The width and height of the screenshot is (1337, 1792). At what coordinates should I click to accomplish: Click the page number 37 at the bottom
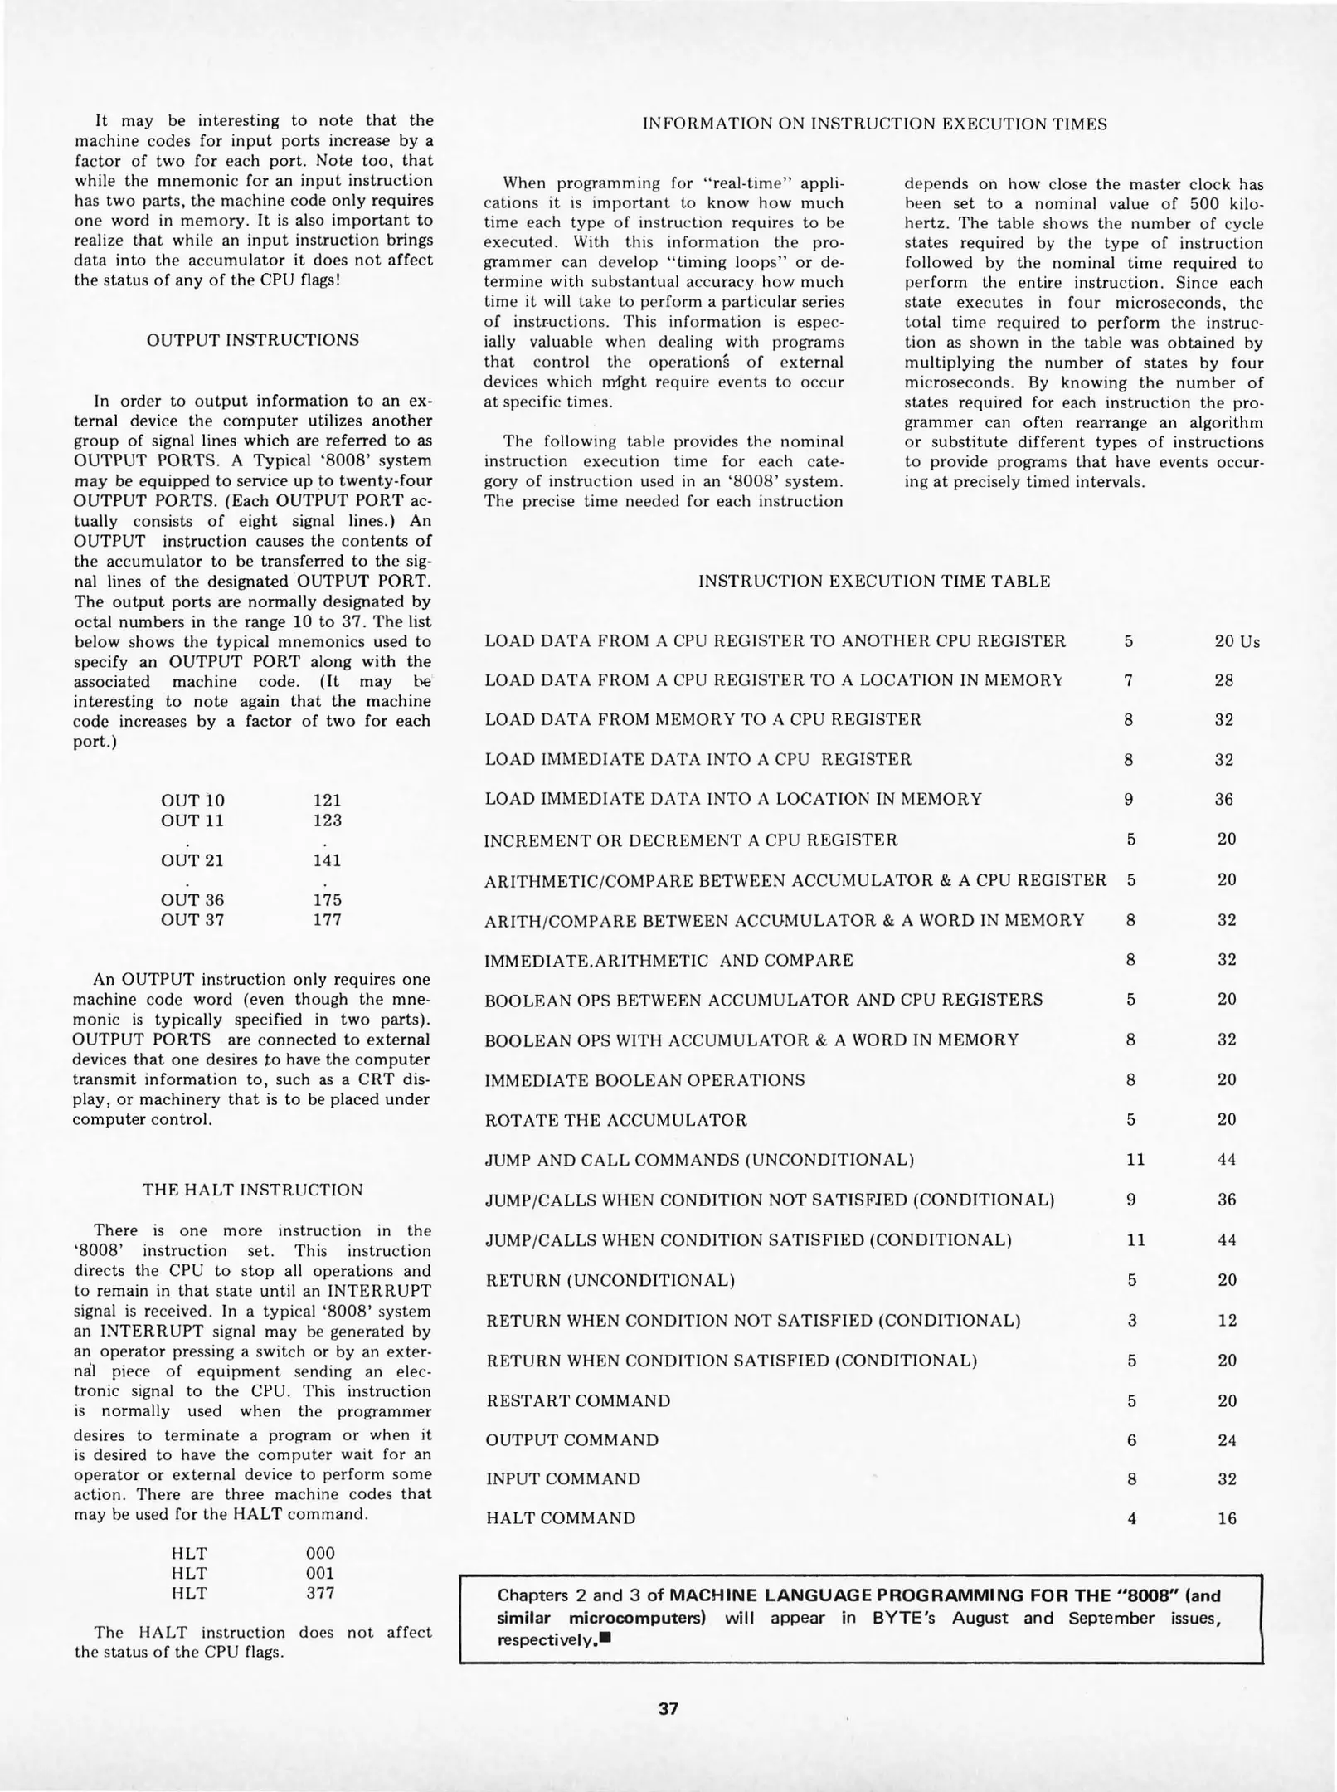tap(668, 1709)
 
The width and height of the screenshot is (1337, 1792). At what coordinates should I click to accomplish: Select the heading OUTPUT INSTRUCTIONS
tap(253, 340)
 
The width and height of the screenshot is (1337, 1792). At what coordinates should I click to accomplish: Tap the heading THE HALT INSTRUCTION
tap(253, 1190)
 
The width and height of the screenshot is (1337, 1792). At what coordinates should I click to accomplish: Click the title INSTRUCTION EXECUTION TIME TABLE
tap(874, 582)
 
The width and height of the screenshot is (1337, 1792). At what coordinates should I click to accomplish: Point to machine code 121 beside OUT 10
tap(328, 801)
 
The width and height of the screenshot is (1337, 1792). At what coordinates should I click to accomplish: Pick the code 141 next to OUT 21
tap(328, 860)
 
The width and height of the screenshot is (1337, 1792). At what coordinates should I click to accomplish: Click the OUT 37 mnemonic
tap(192, 920)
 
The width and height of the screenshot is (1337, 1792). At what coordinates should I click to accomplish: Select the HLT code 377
tap(320, 1593)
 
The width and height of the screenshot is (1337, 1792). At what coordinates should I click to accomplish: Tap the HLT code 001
tap(320, 1573)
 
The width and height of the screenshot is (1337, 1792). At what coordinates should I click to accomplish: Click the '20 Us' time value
tap(1237, 642)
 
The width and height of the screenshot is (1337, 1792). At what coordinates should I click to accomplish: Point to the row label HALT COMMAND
tap(561, 1518)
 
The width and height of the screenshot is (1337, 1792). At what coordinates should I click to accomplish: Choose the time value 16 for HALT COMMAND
tap(1227, 1519)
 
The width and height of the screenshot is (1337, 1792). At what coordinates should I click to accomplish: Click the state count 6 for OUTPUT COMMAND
tap(1131, 1440)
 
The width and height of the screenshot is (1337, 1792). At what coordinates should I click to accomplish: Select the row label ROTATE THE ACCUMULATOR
tap(615, 1120)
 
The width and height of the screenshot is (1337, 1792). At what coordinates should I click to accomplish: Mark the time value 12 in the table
tap(1227, 1320)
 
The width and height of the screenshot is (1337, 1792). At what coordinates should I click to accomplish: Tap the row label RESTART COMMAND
tap(578, 1400)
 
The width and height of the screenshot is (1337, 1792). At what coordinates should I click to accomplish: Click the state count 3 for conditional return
tap(1131, 1320)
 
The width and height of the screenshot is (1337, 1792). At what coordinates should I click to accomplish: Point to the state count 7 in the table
tap(1128, 680)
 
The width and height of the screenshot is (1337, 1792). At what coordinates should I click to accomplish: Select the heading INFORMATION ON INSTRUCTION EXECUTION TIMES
tap(874, 124)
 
